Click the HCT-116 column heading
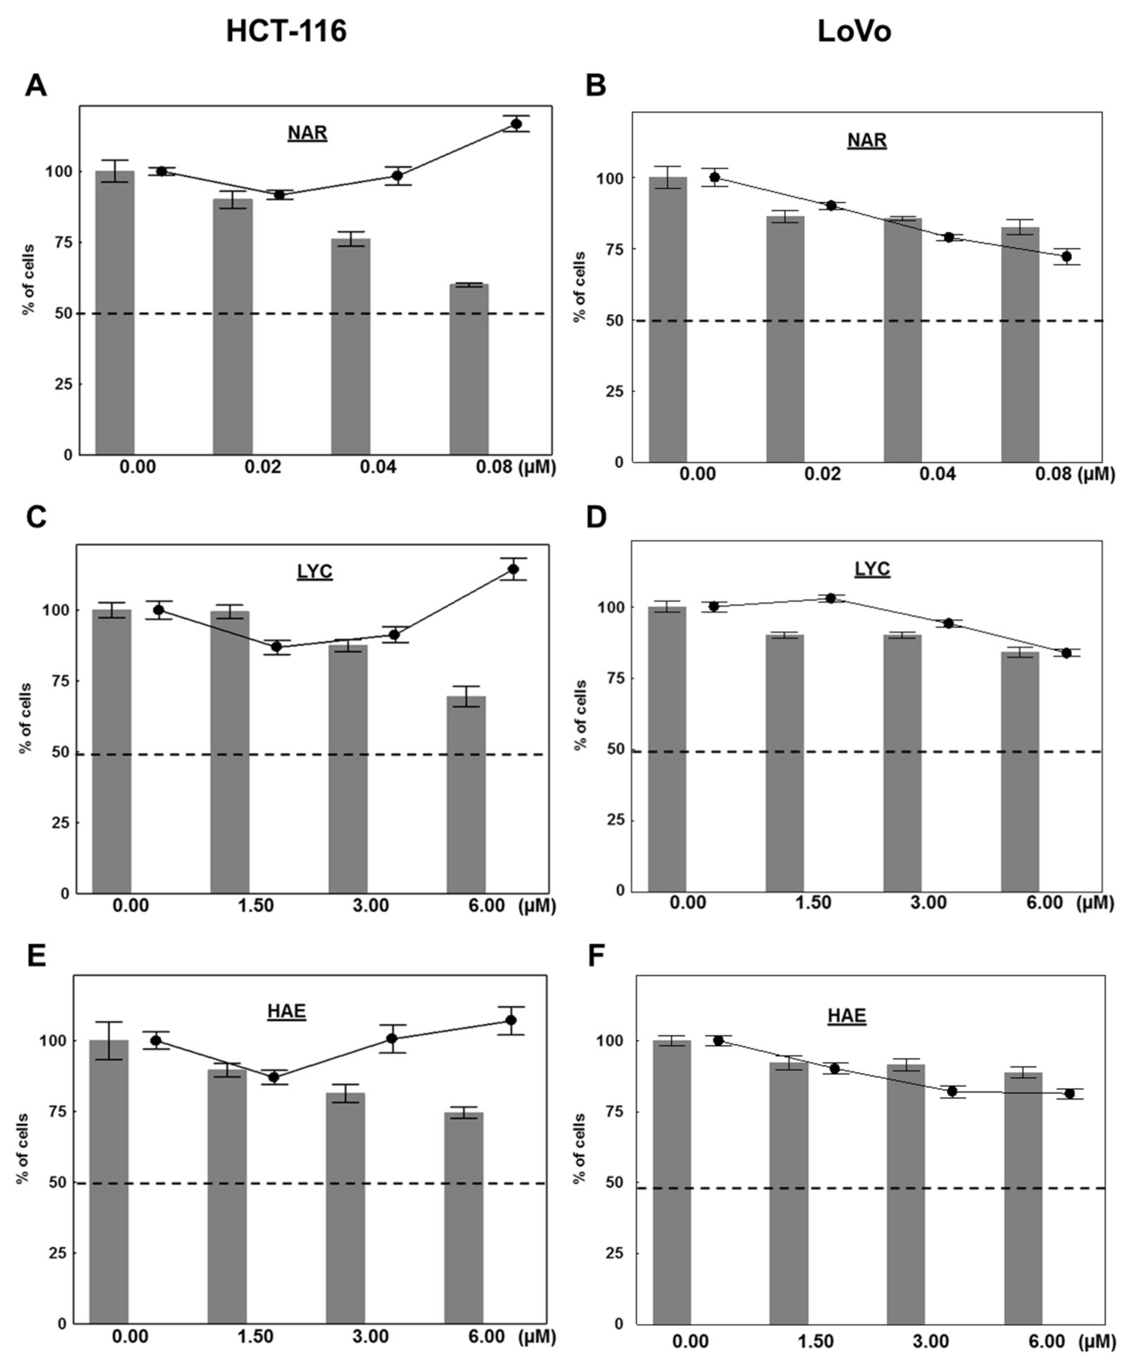[x=286, y=31]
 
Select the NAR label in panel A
[x=307, y=133]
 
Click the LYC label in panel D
[x=872, y=569]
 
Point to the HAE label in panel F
[x=847, y=1016]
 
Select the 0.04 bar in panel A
[x=351, y=346]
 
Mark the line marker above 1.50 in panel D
[x=831, y=598]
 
